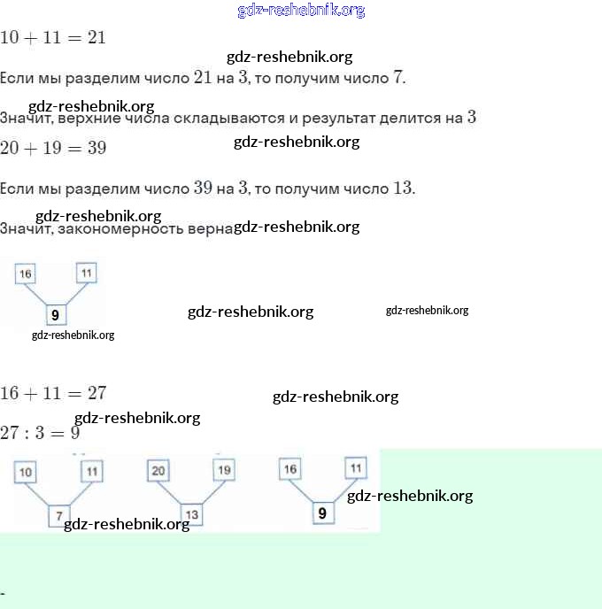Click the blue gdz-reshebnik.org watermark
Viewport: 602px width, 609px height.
[301, 11]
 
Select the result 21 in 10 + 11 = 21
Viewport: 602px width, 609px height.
[96, 37]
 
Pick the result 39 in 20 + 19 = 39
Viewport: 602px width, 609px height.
[96, 148]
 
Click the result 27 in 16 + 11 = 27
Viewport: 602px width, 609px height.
[96, 393]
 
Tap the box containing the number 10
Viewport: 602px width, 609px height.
[26, 473]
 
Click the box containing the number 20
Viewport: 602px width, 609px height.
[158, 471]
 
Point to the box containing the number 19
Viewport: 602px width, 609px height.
[223, 471]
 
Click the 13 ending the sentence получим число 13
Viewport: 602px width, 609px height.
[403, 189]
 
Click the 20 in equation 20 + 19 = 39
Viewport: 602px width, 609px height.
[10, 148]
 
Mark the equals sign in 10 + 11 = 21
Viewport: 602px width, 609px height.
[73, 38]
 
